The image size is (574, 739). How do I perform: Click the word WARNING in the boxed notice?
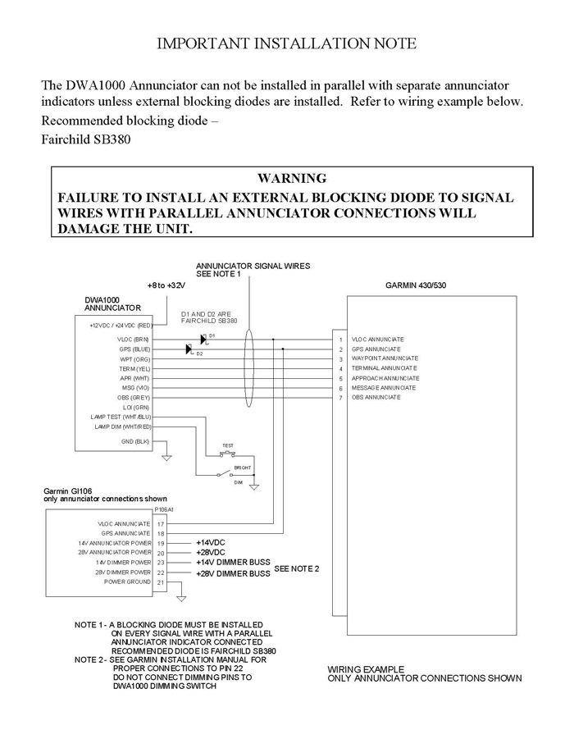click(292, 178)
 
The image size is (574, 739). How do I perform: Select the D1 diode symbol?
click(203, 338)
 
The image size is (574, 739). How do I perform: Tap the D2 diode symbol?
click(189, 349)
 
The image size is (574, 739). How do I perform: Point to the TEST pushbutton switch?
click(228, 454)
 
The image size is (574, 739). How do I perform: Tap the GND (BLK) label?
click(135, 441)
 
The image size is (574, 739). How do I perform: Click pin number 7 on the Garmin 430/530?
click(340, 398)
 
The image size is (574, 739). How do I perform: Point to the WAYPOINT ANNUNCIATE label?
click(385, 358)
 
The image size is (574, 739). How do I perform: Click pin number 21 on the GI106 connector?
click(161, 582)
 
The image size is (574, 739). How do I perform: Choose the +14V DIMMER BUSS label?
click(233, 563)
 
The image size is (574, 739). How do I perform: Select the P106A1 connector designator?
click(165, 509)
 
